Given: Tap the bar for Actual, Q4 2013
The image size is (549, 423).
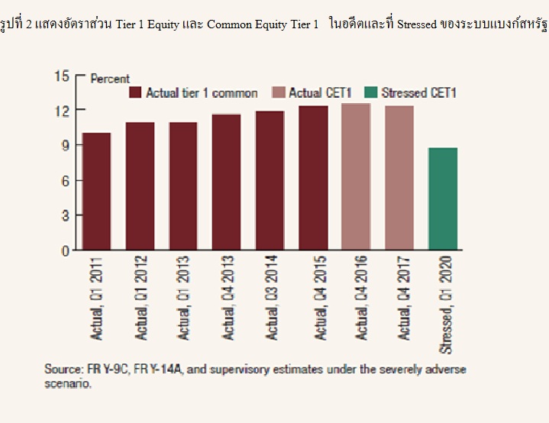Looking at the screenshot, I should tap(227, 182).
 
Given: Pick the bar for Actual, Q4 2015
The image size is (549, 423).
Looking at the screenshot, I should tap(313, 177).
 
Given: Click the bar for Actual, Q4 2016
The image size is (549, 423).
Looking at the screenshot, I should tap(356, 176).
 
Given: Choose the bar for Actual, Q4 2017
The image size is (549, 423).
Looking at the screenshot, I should tap(399, 177).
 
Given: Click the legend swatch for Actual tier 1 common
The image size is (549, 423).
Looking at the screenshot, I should tap(136, 93).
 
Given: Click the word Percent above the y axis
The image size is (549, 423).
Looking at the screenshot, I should tap(110, 79).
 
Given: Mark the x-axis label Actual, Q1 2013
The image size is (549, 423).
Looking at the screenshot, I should tap(183, 302).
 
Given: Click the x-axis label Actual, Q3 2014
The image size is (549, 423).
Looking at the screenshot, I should tap(270, 302).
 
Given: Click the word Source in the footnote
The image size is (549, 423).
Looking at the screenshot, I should tap(62, 370).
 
